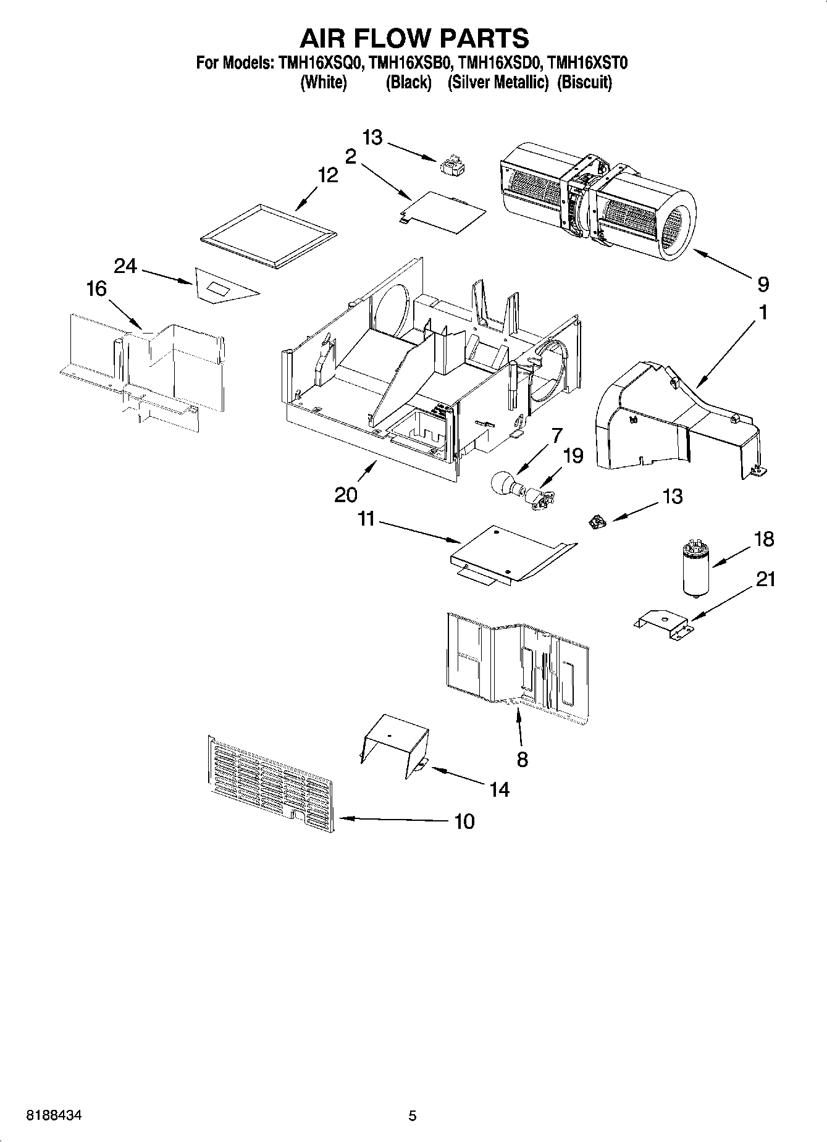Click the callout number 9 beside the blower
pyautogui.click(x=763, y=285)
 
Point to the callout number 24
pyautogui.click(x=125, y=266)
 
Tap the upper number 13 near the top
pyautogui.click(x=372, y=138)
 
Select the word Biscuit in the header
pyautogui.click(x=584, y=82)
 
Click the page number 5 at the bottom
pyautogui.click(x=413, y=1115)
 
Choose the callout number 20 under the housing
pyautogui.click(x=346, y=495)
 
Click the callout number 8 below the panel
pyautogui.click(x=523, y=758)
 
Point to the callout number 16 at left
pyautogui.click(x=96, y=288)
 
